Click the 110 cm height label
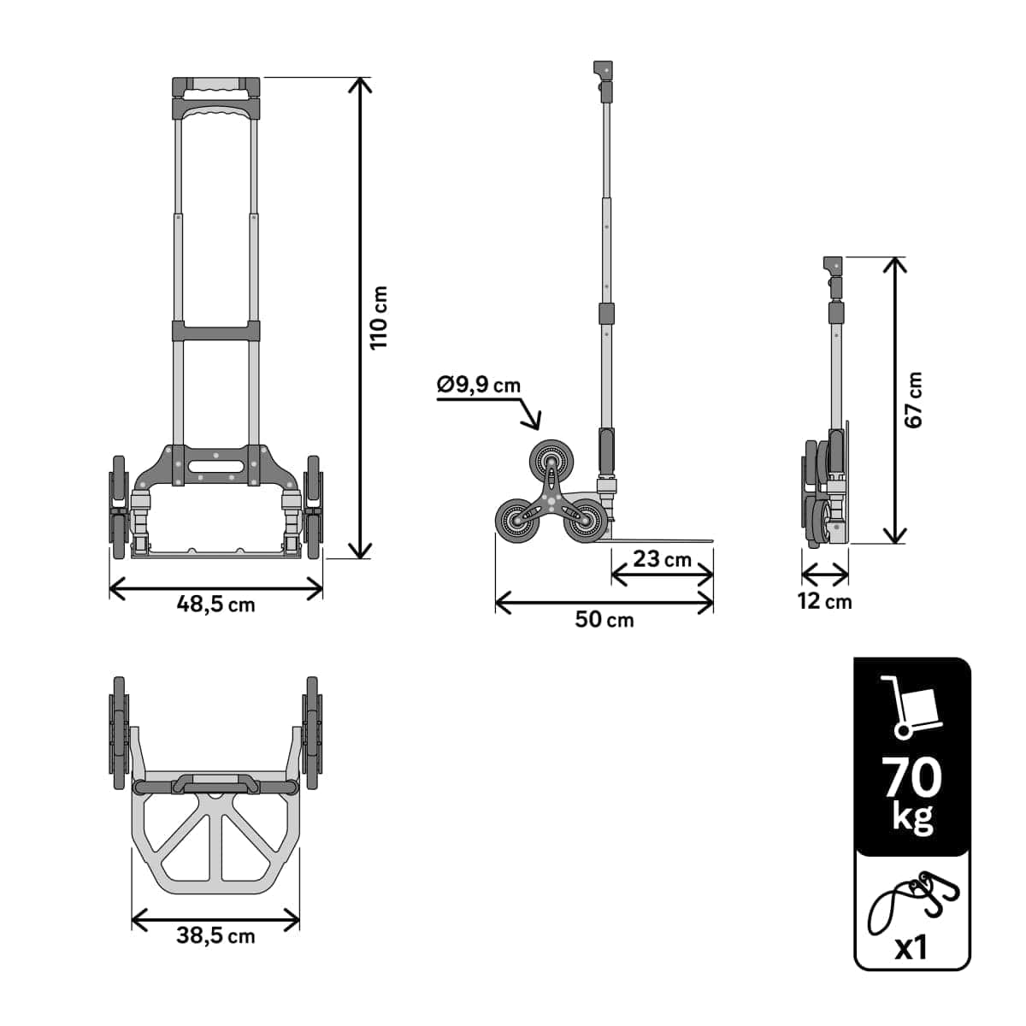[x=380, y=317]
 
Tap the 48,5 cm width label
[x=215, y=604]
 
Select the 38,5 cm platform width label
[x=215, y=935]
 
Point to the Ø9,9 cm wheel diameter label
[x=478, y=385]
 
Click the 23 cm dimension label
[x=662, y=559]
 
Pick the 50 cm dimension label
[x=604, y=619]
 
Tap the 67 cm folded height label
[x=913, y=400]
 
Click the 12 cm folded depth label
[x=824, y=601]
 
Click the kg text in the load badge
[x=912, y=817]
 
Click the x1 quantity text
[x=911, y=947]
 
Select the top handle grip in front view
[x=216, y=86]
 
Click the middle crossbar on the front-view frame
[x=216, y=330]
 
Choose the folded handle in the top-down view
[x=215, y=783]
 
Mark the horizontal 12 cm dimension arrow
[x=824, y=573]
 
